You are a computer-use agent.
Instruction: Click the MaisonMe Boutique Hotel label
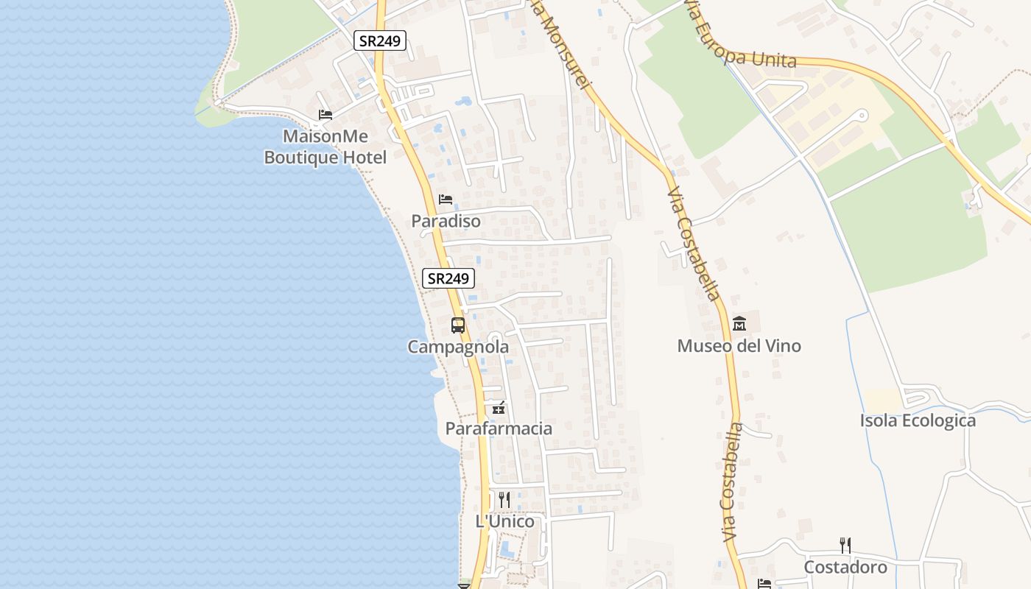pos(325,147)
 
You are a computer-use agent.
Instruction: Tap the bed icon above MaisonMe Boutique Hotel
pos(325,115)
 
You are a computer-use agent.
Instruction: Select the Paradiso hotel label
pos(446,221)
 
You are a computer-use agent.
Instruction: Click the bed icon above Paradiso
pos(446,200)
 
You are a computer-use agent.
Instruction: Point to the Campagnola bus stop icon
pos(458,325)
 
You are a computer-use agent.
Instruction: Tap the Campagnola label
pos(458,347)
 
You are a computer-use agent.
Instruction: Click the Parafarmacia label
pos(499,428)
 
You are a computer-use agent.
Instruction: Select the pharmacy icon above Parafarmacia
pos(499,407)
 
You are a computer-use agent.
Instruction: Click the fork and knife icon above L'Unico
pos(504,500)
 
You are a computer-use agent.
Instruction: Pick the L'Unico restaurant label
pos(504,522)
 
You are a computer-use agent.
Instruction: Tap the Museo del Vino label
pos(739,346)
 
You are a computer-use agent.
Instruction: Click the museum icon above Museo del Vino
pos(739,323)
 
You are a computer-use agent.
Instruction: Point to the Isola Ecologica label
pos(918,421)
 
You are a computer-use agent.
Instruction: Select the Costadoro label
pos(845,568)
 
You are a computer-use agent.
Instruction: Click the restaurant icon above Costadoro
pos(845,546)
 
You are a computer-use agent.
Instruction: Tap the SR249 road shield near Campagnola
pos(448,278)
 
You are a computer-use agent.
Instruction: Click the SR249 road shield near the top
pos(380,40)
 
